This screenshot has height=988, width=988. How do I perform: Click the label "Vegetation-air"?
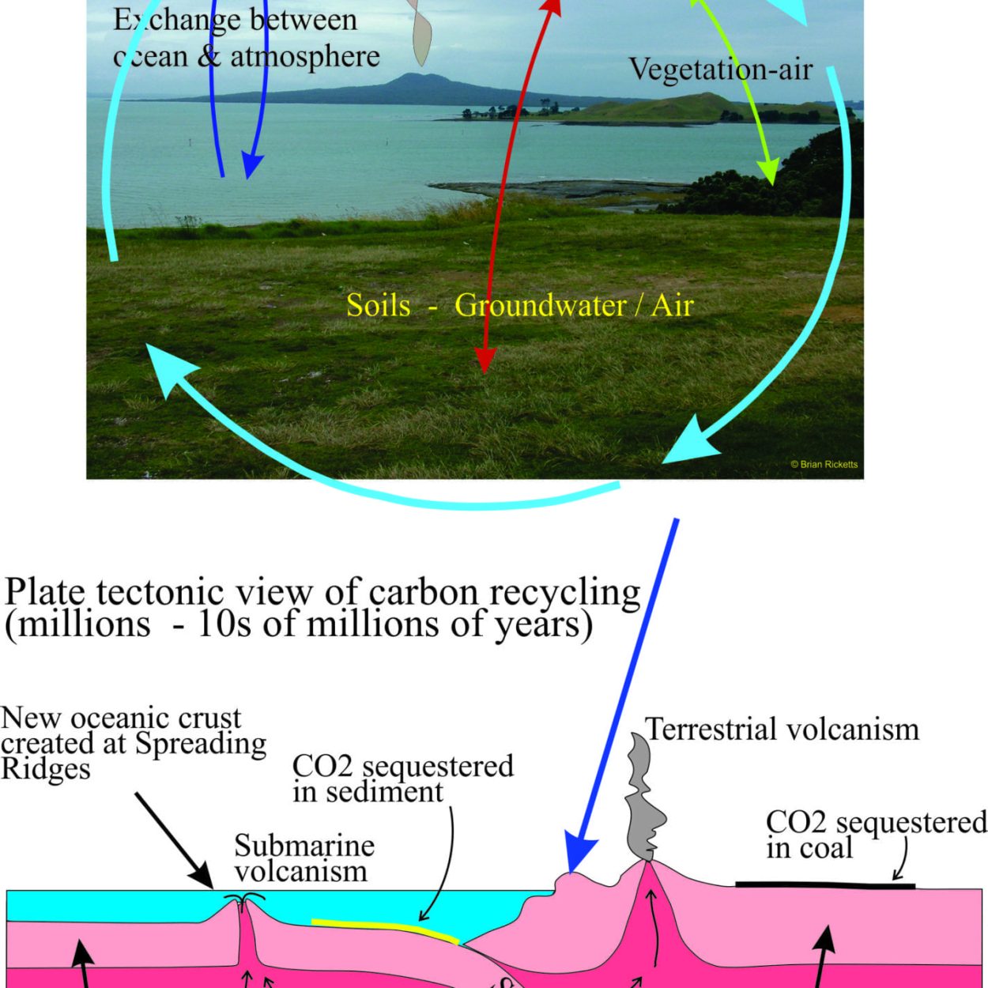[720, 70]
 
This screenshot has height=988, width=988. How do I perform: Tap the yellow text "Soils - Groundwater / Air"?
[520, 306]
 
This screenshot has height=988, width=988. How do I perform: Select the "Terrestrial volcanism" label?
[782, 729]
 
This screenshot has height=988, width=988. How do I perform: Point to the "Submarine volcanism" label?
[304, 858]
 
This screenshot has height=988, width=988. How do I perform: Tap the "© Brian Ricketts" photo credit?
[824, 465]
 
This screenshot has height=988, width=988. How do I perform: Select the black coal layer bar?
[825, 885]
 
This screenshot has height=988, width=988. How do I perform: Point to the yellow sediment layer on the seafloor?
[386, 929]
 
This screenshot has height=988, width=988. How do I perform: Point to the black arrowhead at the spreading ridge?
[204, 878]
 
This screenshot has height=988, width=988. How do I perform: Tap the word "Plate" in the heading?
[45, 594]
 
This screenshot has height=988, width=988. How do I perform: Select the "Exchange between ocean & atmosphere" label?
[246, 39]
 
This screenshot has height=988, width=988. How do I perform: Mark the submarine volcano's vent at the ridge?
[242, 899]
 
